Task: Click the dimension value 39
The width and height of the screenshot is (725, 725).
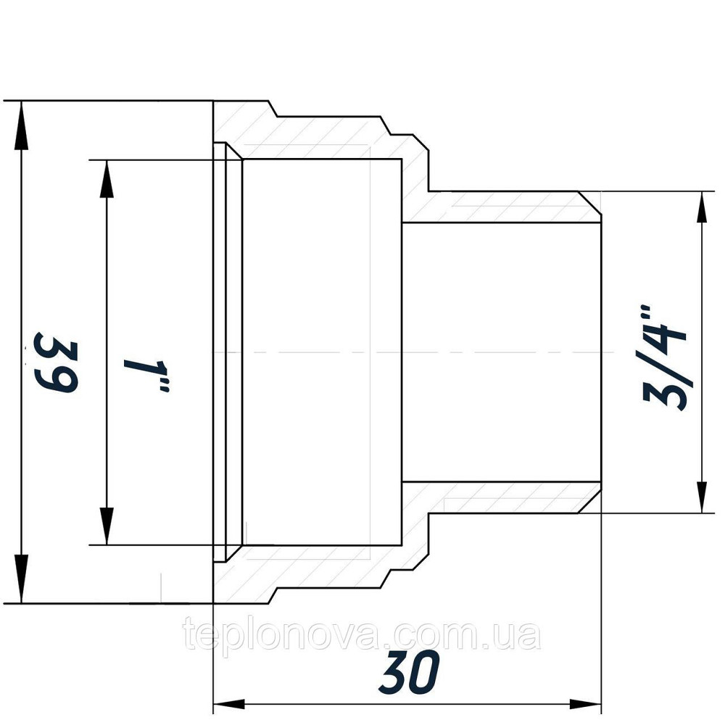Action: point(57,362)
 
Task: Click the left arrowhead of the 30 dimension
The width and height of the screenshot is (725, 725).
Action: point(230,704)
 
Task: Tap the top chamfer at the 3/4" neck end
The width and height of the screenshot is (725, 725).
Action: point(591,206)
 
